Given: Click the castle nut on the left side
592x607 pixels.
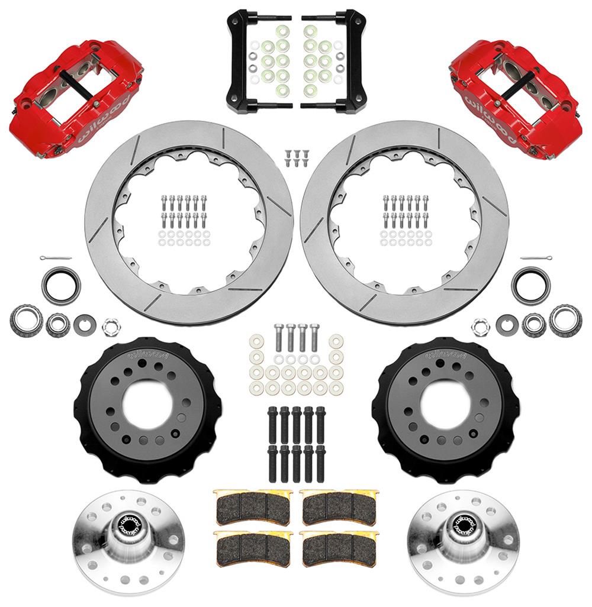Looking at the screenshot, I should coord(109,325).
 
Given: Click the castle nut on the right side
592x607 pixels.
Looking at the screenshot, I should coord(481,325).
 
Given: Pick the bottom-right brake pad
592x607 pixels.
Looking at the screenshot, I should coord(339,547).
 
